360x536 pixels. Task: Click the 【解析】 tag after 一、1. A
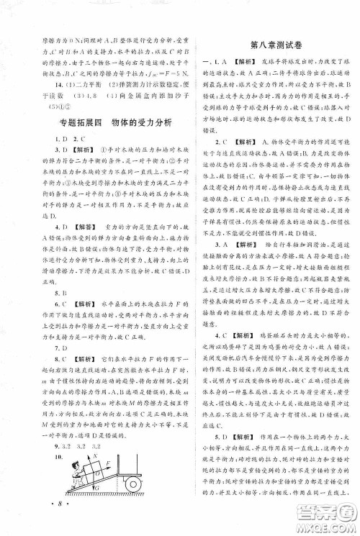click(239, 61)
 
